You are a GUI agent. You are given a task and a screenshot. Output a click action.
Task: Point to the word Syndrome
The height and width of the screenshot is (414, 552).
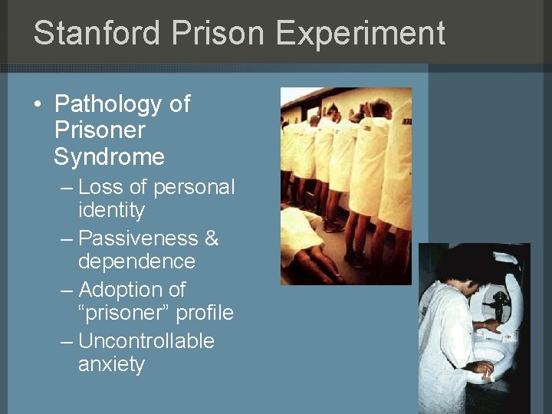point(110,157)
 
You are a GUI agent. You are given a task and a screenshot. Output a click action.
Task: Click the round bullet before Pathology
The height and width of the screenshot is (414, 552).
point(38,104)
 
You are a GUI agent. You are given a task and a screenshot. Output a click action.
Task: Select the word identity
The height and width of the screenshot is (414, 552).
point(111,209)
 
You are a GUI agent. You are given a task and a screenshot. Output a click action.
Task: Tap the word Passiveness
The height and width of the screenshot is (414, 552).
point(131,238)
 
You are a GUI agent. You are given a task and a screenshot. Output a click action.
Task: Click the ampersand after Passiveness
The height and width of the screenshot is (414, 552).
point(212,238)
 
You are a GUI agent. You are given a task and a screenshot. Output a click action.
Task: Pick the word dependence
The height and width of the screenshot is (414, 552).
point(136,261)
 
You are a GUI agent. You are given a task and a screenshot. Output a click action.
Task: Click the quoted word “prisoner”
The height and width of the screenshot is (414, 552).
point(123,313)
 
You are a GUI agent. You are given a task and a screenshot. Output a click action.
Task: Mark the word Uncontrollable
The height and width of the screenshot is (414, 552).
point(146,341)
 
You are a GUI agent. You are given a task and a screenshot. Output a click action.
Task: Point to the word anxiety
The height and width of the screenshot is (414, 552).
point(111,364)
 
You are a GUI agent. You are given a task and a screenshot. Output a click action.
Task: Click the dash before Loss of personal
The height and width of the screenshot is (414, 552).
point(67,187)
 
